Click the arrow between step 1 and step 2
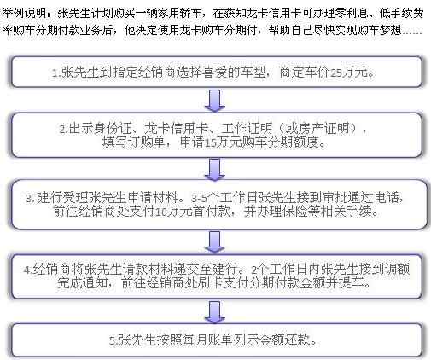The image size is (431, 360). pos(215,101)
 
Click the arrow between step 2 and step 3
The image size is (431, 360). pos(215,170)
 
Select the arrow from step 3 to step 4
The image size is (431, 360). pos(215,241)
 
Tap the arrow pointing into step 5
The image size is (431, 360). pos(215,312)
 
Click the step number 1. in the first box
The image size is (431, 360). pos(56,73)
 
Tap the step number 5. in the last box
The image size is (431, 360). pos(114,340)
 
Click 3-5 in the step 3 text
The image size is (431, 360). pos(200,198)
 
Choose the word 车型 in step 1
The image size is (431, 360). pos(253,73)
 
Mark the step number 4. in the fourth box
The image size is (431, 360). pos(28,270)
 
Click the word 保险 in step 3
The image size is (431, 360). pos(295,212)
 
